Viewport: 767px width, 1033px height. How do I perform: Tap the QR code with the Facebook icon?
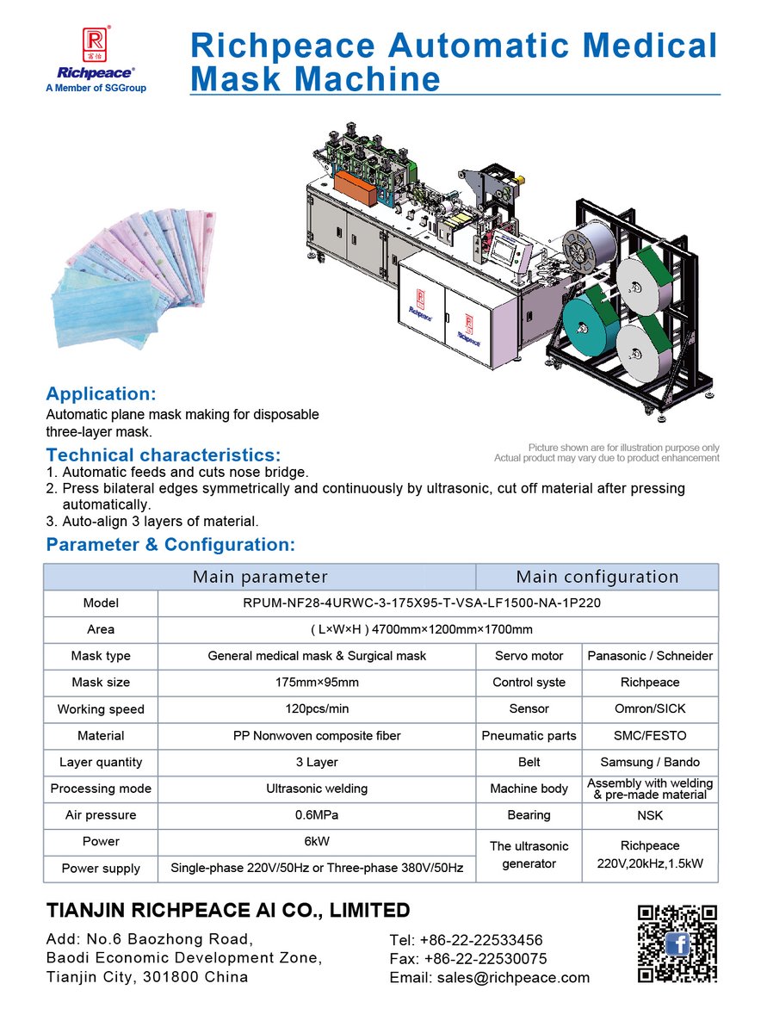(677, 943)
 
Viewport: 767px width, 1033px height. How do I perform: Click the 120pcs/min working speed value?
(317, 709)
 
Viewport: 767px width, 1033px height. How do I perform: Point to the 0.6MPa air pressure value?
(317, 815)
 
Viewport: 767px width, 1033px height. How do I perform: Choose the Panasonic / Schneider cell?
(650, 656)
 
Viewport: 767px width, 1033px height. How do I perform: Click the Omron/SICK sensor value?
(650, 709)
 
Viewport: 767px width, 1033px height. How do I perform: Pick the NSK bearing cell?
(650, 815)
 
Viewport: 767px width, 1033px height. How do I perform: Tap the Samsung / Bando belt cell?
(650, 762)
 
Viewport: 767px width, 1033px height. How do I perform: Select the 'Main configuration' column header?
(597, 577)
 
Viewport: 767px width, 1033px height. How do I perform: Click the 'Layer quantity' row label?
(101, 762)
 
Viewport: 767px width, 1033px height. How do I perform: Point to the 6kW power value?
(317, 841)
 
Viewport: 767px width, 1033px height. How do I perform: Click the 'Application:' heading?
(101, 394)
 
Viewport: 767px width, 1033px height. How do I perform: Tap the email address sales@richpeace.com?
(490, 977)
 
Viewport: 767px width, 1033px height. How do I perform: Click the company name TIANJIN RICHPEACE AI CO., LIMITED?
(228, 910)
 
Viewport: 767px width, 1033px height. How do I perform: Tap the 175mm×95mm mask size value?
(317, 683)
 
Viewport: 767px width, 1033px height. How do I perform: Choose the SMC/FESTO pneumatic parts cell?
(650, 736)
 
